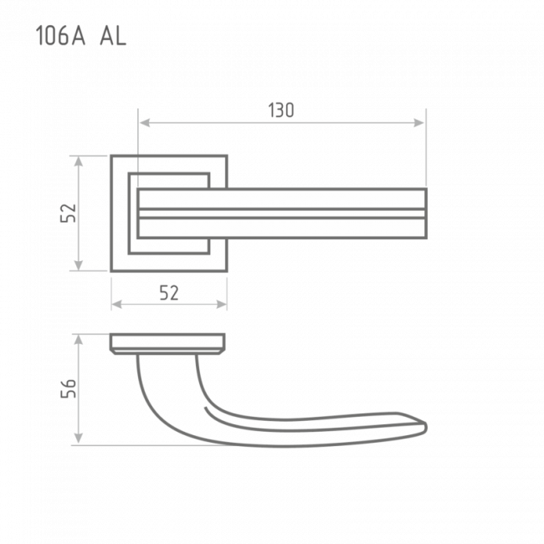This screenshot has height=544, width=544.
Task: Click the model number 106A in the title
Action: (60, 36)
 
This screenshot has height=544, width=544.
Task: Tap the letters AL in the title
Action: (113, 36)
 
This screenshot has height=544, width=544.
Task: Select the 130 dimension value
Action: (281, 110)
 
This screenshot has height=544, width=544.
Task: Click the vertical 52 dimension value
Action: (69, 213)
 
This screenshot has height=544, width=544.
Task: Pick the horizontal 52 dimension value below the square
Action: (169, 293)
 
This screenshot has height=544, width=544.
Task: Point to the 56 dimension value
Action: (69, 388)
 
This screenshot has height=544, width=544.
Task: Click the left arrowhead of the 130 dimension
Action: (144, 122)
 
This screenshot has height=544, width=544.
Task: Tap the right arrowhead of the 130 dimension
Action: (419, 122)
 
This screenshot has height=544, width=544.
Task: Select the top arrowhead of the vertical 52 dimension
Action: (79, 162)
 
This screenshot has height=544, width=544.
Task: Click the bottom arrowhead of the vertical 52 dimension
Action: (79, 264)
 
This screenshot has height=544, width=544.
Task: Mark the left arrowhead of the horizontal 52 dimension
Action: (117, 305)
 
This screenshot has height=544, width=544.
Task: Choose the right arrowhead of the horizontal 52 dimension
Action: (222, 305)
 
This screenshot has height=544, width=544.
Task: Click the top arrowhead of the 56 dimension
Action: (79, 341)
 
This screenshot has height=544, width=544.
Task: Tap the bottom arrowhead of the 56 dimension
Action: (79, 438)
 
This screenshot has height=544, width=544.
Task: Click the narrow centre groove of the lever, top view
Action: (282, 213)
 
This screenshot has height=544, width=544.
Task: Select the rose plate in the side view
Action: (167, 343)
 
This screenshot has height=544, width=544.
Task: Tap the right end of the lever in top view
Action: (426, 213)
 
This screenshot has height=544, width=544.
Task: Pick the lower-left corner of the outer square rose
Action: (111, 271)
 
